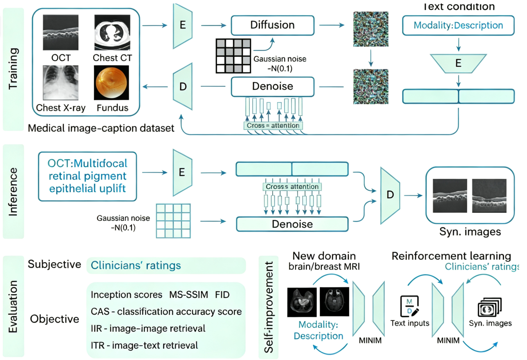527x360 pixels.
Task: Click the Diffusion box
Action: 273,25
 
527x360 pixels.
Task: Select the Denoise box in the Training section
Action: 273,86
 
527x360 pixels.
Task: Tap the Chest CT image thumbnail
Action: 112,32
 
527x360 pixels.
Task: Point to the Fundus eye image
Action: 111,83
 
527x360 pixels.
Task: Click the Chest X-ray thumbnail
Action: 60,83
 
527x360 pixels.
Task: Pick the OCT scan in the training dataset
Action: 60,32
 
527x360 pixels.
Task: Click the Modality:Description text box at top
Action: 458,25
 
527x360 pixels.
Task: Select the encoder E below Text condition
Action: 458,63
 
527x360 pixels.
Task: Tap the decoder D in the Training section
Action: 183,86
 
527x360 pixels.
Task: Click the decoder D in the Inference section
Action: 390,195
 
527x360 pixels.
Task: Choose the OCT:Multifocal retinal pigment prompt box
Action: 87,176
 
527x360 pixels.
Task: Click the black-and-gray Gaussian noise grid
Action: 233,56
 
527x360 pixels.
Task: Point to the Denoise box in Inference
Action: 292,224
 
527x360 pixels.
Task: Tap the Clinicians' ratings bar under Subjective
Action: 166,265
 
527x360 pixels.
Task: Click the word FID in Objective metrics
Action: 222,295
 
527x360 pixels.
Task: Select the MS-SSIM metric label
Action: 188,295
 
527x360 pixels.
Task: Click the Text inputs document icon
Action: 410,306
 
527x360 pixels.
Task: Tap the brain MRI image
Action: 334,302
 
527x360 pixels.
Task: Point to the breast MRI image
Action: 302,302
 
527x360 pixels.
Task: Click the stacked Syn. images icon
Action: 489,307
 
